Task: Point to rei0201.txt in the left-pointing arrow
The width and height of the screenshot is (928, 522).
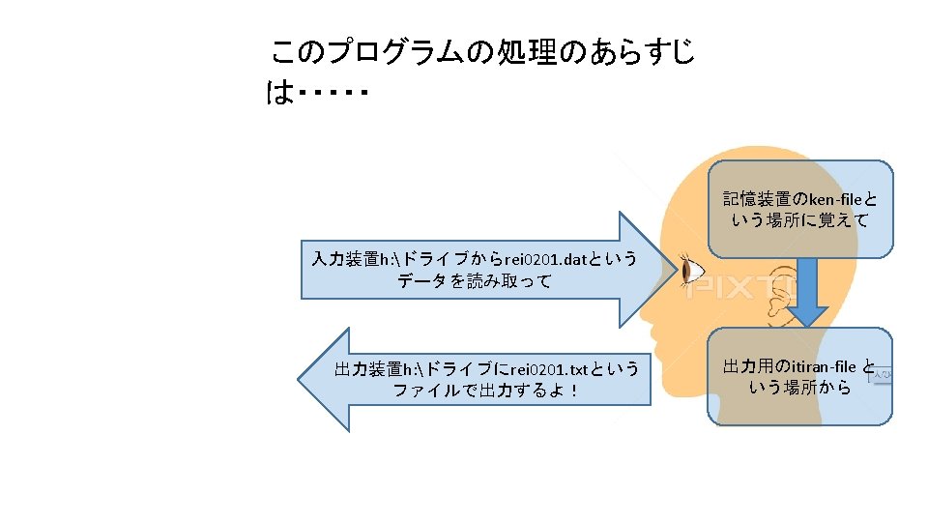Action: (x=549, y=370)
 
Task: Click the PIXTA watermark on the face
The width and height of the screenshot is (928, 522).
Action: (x=744, y=288)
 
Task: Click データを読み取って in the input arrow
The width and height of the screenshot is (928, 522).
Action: (x=474, y=281)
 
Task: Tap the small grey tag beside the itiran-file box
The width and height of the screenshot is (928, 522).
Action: (x=881, y=373)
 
